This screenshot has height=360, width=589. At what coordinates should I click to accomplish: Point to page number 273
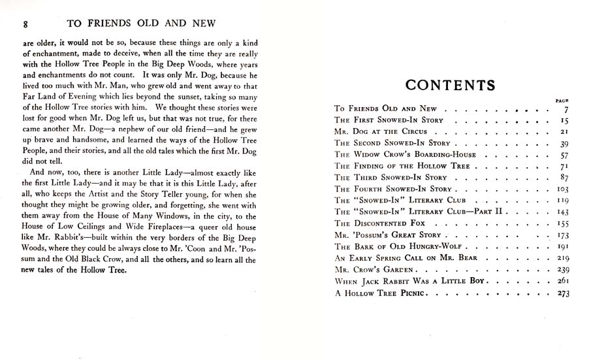tap(563, 293)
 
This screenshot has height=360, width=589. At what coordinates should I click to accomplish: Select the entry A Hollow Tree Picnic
tap(380, 293)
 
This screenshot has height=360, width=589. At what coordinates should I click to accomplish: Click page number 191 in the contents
tap(563, 246)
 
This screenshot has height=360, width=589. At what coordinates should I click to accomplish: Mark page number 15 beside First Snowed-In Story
tap(565, 120)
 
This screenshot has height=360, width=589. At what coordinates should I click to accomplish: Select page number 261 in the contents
tap(563, 281)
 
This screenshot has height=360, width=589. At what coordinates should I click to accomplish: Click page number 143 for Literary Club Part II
tap(563, 212)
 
